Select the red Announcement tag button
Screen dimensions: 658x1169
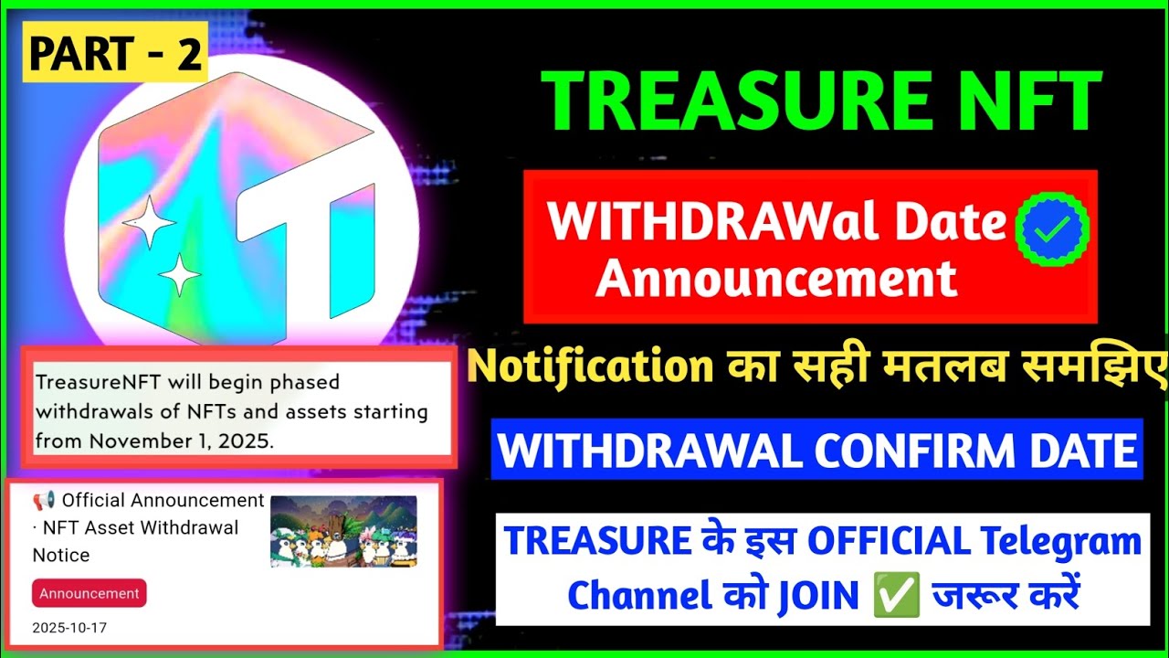tap(89, 593)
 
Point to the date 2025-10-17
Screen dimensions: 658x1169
tap(69, 629)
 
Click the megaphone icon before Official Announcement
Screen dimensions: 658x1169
tap(44, 501)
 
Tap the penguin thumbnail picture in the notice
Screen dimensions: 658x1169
tap(343, 531)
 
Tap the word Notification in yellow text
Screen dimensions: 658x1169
tap(590, 366)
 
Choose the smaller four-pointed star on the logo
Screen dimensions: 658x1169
tap(179, 273)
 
